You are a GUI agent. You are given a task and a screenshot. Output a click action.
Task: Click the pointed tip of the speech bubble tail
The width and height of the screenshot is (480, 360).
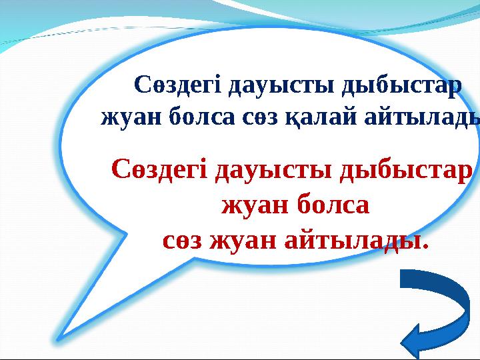click(x=59, y=340)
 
